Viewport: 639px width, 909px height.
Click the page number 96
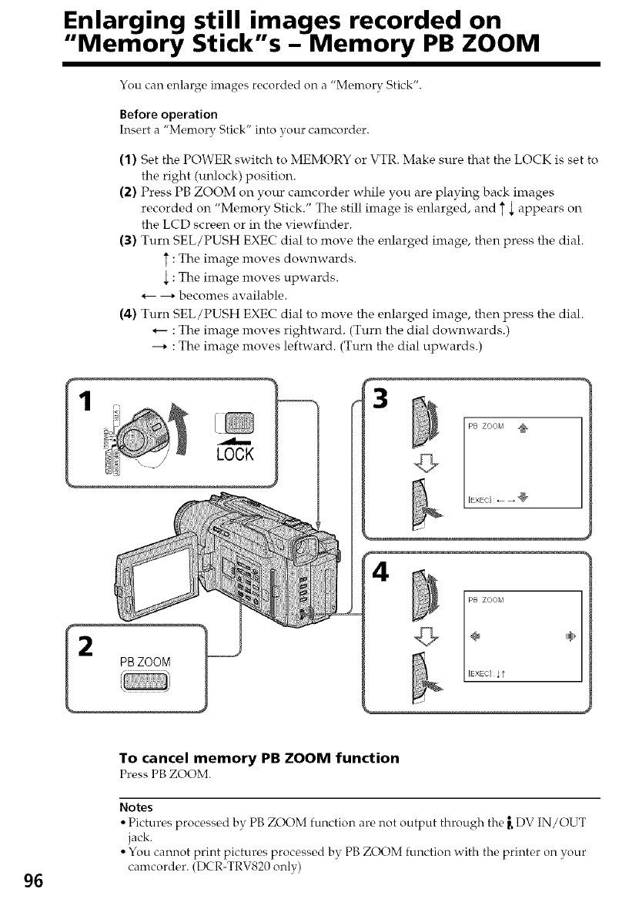click(x=34, y=881)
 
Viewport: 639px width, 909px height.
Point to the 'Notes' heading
click(x=136, y=807)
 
